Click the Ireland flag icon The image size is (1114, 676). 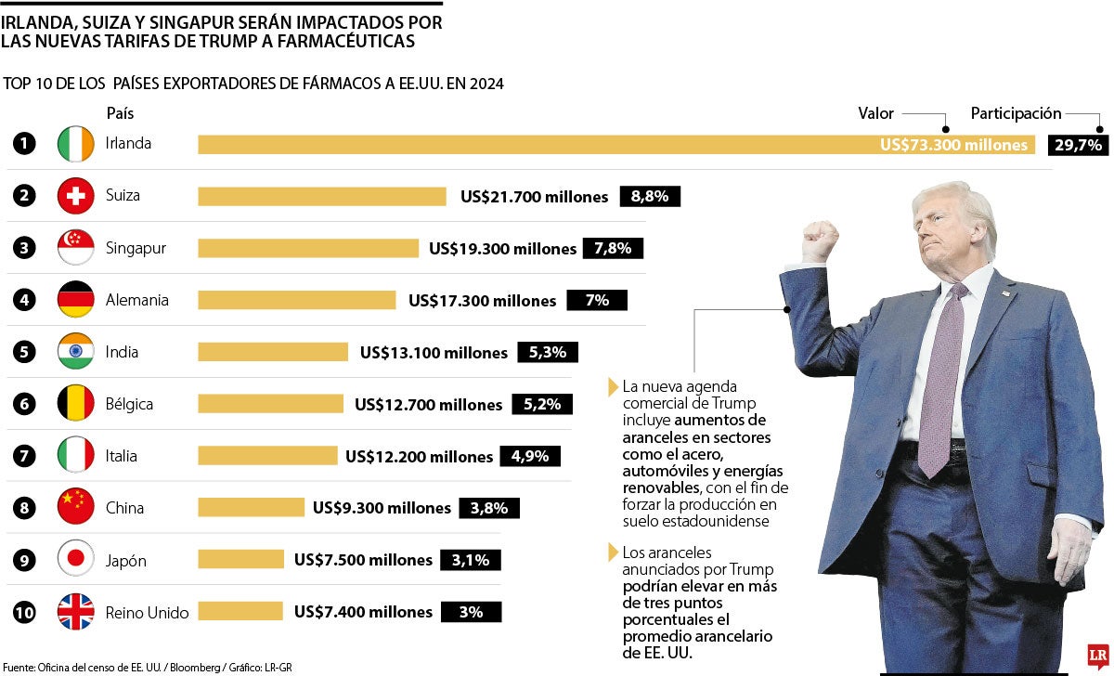pos(76,144)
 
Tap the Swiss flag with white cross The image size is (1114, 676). pos(76,196)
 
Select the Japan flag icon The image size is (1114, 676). pos(76,560)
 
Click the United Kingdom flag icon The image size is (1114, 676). pos(76,612)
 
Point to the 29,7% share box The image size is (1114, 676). pos(1078,145)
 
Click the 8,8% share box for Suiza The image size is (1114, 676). pos(650,196)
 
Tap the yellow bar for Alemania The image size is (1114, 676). pos(297,300)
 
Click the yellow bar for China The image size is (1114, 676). pos(251,508)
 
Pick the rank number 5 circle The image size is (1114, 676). pos(25,352)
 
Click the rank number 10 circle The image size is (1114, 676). pos(25,612)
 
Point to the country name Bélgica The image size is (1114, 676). pos(129,404)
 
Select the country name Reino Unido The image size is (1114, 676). pos(147,612)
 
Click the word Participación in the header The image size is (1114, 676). pos(1016,113)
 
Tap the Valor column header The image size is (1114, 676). pos(875,113)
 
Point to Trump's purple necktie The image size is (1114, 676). pos(939,381)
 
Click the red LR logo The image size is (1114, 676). pos(1098,656)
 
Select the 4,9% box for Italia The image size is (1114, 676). pos(530,456)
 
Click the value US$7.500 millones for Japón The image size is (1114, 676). pos(363,560)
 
